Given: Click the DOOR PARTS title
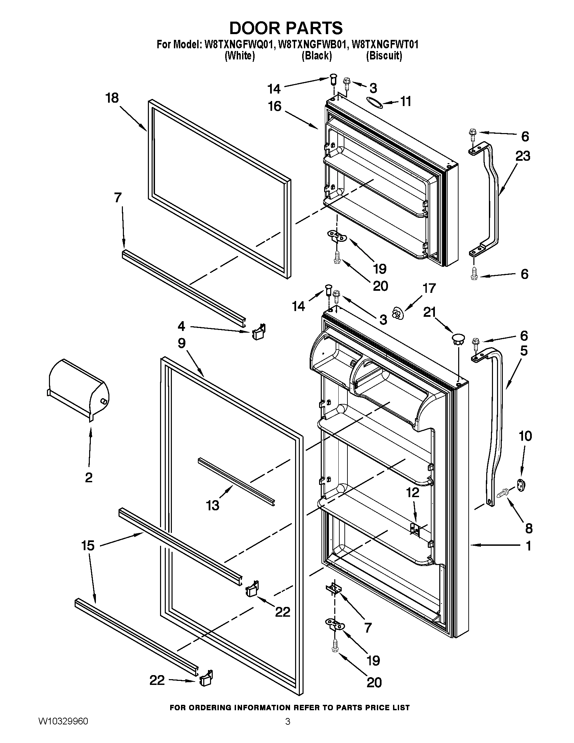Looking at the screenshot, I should (286, 28).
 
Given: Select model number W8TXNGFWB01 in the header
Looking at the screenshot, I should (313, 45).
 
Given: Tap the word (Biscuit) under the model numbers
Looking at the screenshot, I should (384, 55).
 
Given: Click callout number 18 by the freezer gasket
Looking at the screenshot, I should (112, 98).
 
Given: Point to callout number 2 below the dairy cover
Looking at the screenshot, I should (89, 478).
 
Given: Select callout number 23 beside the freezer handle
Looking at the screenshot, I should (523, 156).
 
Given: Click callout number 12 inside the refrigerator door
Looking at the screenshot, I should (413, 492).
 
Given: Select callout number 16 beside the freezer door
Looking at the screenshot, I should (275, 106).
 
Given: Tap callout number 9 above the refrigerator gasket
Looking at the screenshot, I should (182, 343).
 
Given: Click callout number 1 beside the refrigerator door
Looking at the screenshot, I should (528, 546).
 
